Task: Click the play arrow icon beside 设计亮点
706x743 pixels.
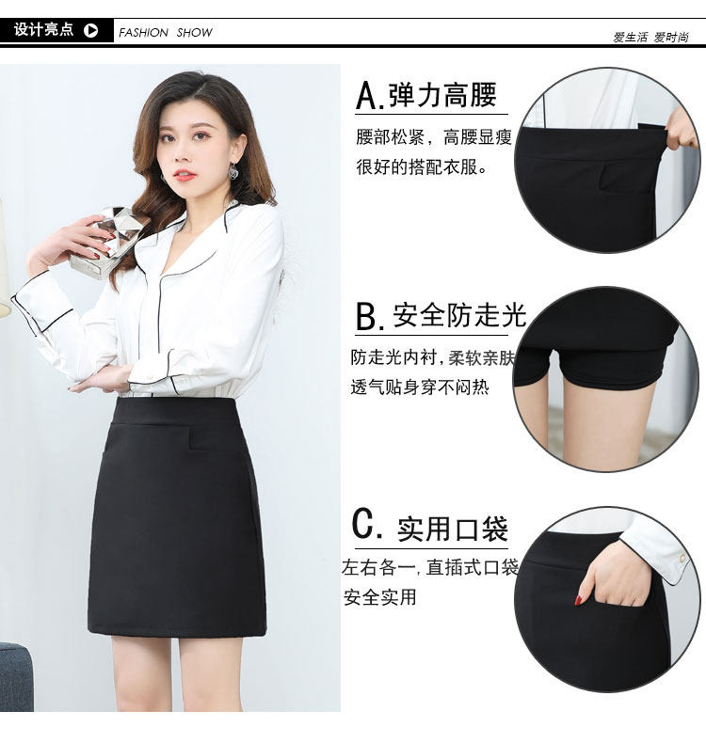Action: point(90,31)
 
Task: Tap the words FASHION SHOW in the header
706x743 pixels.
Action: point(166,33)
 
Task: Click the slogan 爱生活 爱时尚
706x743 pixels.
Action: point(650,37)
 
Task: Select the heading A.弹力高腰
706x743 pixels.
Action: point(426,95)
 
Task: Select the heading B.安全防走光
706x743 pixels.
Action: point(441,316)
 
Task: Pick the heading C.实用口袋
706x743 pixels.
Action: point(430,528)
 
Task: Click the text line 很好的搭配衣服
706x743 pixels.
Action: point(422,167)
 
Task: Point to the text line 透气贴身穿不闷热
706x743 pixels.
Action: point(420,387)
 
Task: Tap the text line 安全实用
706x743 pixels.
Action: point(379,597)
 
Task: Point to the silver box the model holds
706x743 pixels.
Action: point(106,243)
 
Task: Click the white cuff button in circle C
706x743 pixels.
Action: point(682,560)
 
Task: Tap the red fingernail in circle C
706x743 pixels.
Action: point(579,599)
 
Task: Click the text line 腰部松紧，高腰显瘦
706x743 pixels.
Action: point(434,137)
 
